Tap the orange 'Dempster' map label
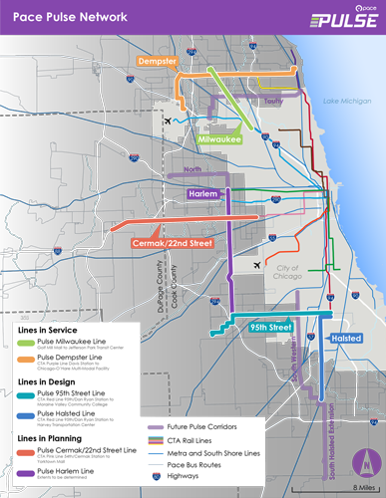click(158, 60)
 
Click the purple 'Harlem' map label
click(203, 193)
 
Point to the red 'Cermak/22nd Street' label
click(173, 242)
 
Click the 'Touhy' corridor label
click(273, 101)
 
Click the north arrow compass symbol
click(367, 461)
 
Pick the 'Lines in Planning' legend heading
click(49, 438)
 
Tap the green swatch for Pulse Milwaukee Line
click(26, 343)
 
